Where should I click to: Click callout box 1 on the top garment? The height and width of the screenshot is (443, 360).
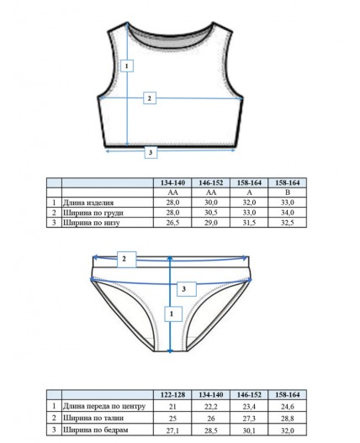[127, 66]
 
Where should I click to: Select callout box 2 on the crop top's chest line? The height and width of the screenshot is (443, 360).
[150, 98]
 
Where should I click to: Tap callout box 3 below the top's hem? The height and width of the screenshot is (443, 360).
[151, 152]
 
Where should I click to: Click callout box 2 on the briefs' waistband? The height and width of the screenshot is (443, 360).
[127, 259]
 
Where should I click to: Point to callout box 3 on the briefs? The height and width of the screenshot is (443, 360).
[187, 289]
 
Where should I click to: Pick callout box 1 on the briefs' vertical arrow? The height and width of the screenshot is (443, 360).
[173, 314]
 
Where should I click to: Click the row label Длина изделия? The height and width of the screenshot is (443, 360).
[88, 203]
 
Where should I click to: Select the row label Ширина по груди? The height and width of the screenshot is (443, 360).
[93, 213]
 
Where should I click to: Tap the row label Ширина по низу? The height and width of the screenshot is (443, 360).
[92, 223]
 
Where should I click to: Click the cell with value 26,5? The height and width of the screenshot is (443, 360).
[172, 223]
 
